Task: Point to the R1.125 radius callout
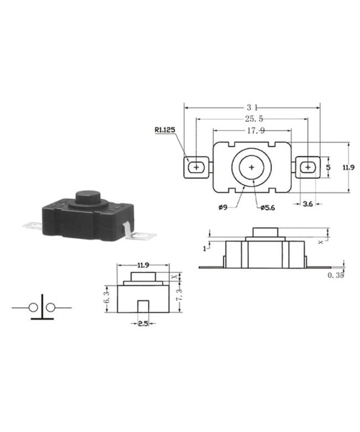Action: tap(164, 130)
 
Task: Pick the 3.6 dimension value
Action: tap(307, 204)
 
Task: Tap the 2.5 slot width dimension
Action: tap(141, 324)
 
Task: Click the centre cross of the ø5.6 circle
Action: tap(251, 168)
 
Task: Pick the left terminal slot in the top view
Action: tap(195, 168)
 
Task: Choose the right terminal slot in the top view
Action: tap(307, 168)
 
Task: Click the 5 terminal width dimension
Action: tap(328, 168)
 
